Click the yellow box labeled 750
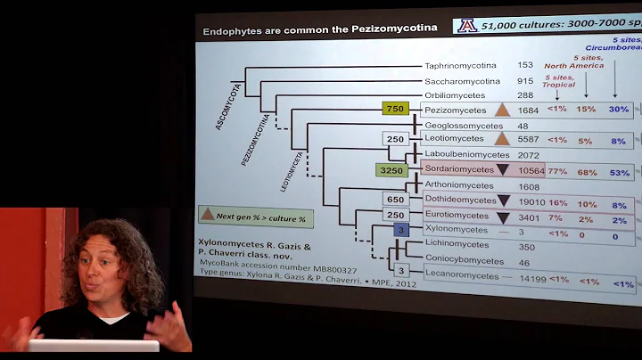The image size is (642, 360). point(395,109)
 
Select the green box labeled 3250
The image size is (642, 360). point(392,169)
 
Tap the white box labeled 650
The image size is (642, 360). point(395,200)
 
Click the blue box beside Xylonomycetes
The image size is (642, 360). point(401,230)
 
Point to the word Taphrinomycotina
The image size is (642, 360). point(461,65)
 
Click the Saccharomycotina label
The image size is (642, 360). point(461,81)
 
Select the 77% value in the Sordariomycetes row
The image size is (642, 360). point(557,170)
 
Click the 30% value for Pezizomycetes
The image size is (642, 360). point(619,110)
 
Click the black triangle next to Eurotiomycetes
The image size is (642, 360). point(504,217)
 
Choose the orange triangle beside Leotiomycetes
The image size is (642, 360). point(502,139)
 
